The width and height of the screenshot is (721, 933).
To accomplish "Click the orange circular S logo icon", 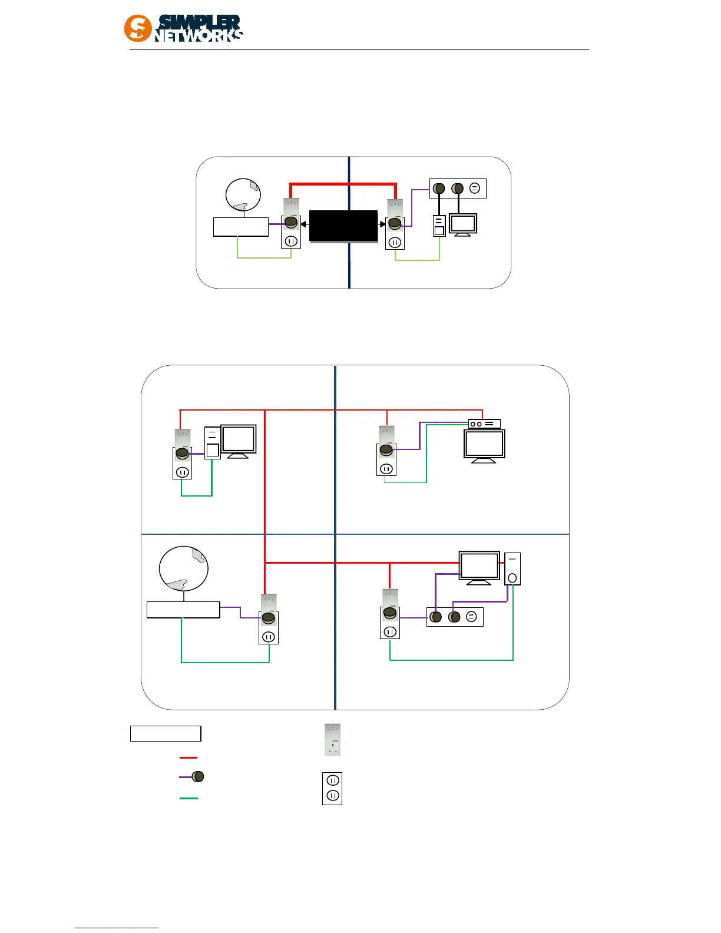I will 137,28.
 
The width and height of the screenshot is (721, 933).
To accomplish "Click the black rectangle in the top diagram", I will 343,226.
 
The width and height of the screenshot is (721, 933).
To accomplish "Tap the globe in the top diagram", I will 243,194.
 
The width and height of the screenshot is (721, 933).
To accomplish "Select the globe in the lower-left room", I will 183,568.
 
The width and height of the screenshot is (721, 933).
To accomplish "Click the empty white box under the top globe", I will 240,227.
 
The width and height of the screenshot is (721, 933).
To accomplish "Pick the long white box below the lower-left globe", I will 183,610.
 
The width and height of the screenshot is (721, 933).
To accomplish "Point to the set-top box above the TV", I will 484,424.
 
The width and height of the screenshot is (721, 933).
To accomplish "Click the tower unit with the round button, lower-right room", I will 512,568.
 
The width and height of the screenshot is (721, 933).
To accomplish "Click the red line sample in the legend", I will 188,757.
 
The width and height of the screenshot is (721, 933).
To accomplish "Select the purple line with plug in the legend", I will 191,777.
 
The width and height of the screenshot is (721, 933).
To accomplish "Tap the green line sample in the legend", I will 188,798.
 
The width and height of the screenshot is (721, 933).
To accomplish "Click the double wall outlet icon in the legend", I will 332,788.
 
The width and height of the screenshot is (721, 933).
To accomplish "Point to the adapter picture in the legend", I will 333,740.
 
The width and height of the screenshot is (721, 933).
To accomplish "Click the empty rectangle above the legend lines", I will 166,733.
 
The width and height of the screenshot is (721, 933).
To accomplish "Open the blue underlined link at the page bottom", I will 117,928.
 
